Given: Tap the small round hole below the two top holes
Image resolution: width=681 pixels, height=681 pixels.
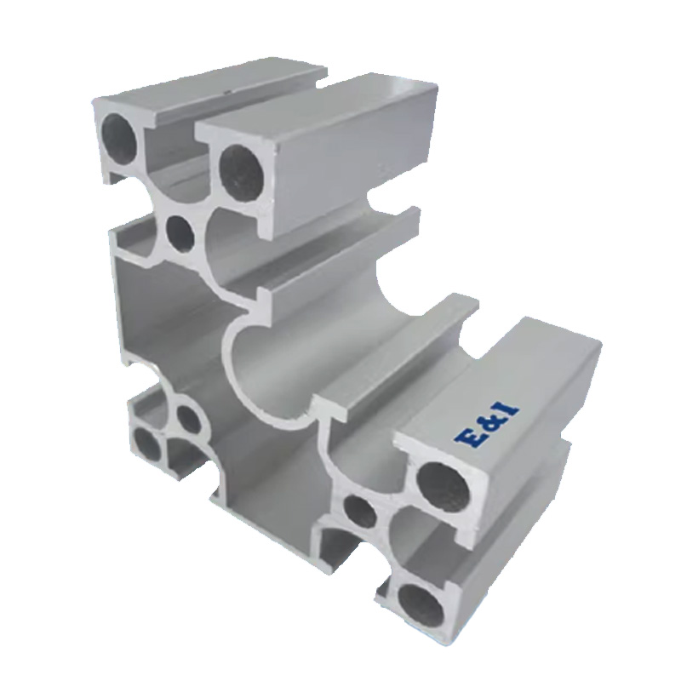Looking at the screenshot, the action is pos(180,235).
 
